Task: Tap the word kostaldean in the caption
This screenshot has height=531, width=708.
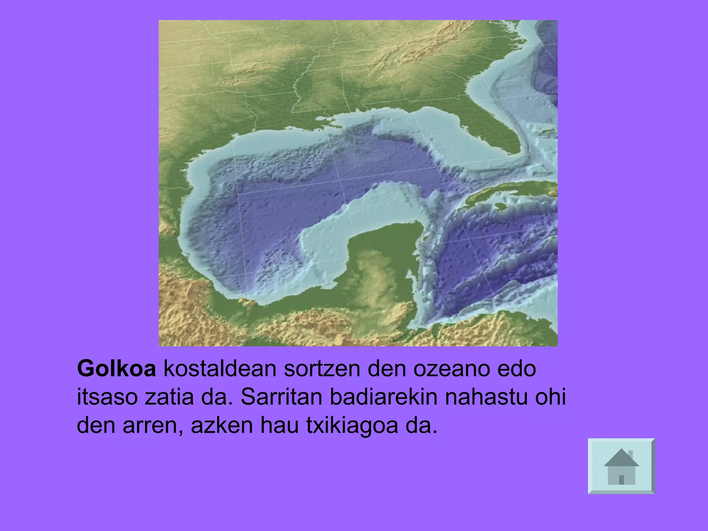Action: tap(220, 369)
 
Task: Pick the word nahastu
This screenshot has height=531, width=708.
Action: tap(486, 397)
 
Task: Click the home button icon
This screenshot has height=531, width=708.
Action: tap(621, 466)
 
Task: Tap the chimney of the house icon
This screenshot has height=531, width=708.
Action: tap(630, 454)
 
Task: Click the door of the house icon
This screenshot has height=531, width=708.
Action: tap(622, 479)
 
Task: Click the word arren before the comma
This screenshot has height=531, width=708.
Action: tap(151, 426)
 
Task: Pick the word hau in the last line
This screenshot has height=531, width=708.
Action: tap(279, 426)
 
